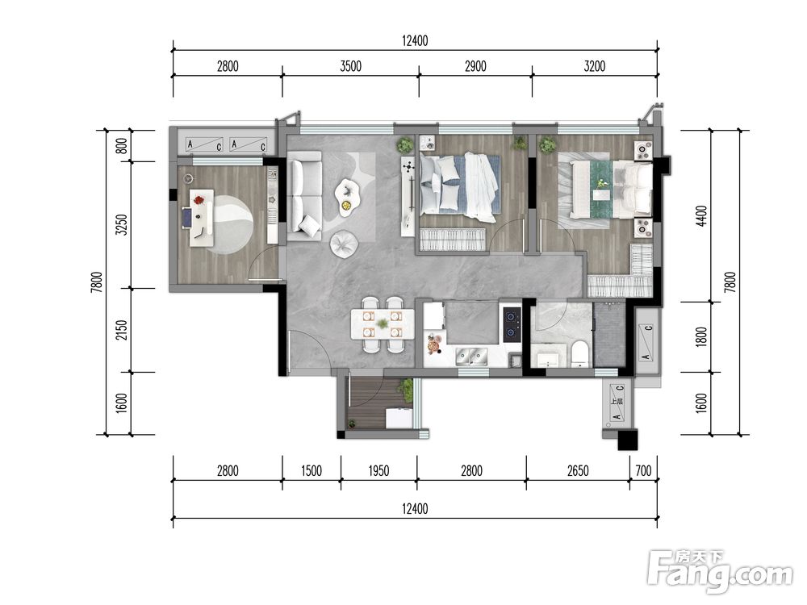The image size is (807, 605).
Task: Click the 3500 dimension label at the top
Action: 350,66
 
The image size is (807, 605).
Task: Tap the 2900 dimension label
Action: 475,66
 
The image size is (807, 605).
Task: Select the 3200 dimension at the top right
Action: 595,66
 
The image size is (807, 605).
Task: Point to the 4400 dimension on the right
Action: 701,216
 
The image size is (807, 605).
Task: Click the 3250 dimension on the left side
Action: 122,224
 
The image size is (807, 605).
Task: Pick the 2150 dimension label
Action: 122,330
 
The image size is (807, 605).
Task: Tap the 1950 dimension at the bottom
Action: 378,471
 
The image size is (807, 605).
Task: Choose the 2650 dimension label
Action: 578,471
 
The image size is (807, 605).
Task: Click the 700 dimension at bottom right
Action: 643,471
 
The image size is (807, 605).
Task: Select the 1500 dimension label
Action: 312,471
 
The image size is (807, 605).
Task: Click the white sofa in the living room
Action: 304,195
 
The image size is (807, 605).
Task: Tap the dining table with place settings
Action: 383,324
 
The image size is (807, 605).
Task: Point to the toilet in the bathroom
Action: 579,354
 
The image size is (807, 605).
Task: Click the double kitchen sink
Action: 471,356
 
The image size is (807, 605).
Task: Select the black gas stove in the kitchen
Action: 511,325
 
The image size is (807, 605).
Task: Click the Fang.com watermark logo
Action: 720,571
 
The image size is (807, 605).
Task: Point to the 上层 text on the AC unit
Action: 616,401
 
